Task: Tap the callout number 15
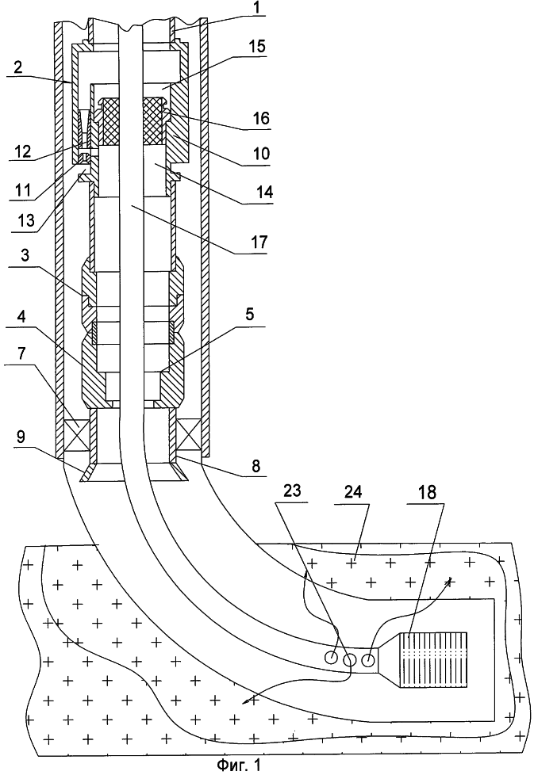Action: (257, 47)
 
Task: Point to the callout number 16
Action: (259, 119)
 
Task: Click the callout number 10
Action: (261, 153)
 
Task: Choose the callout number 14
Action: (263, 192)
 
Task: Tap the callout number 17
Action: (259, 242)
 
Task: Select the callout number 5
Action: (249, 314)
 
